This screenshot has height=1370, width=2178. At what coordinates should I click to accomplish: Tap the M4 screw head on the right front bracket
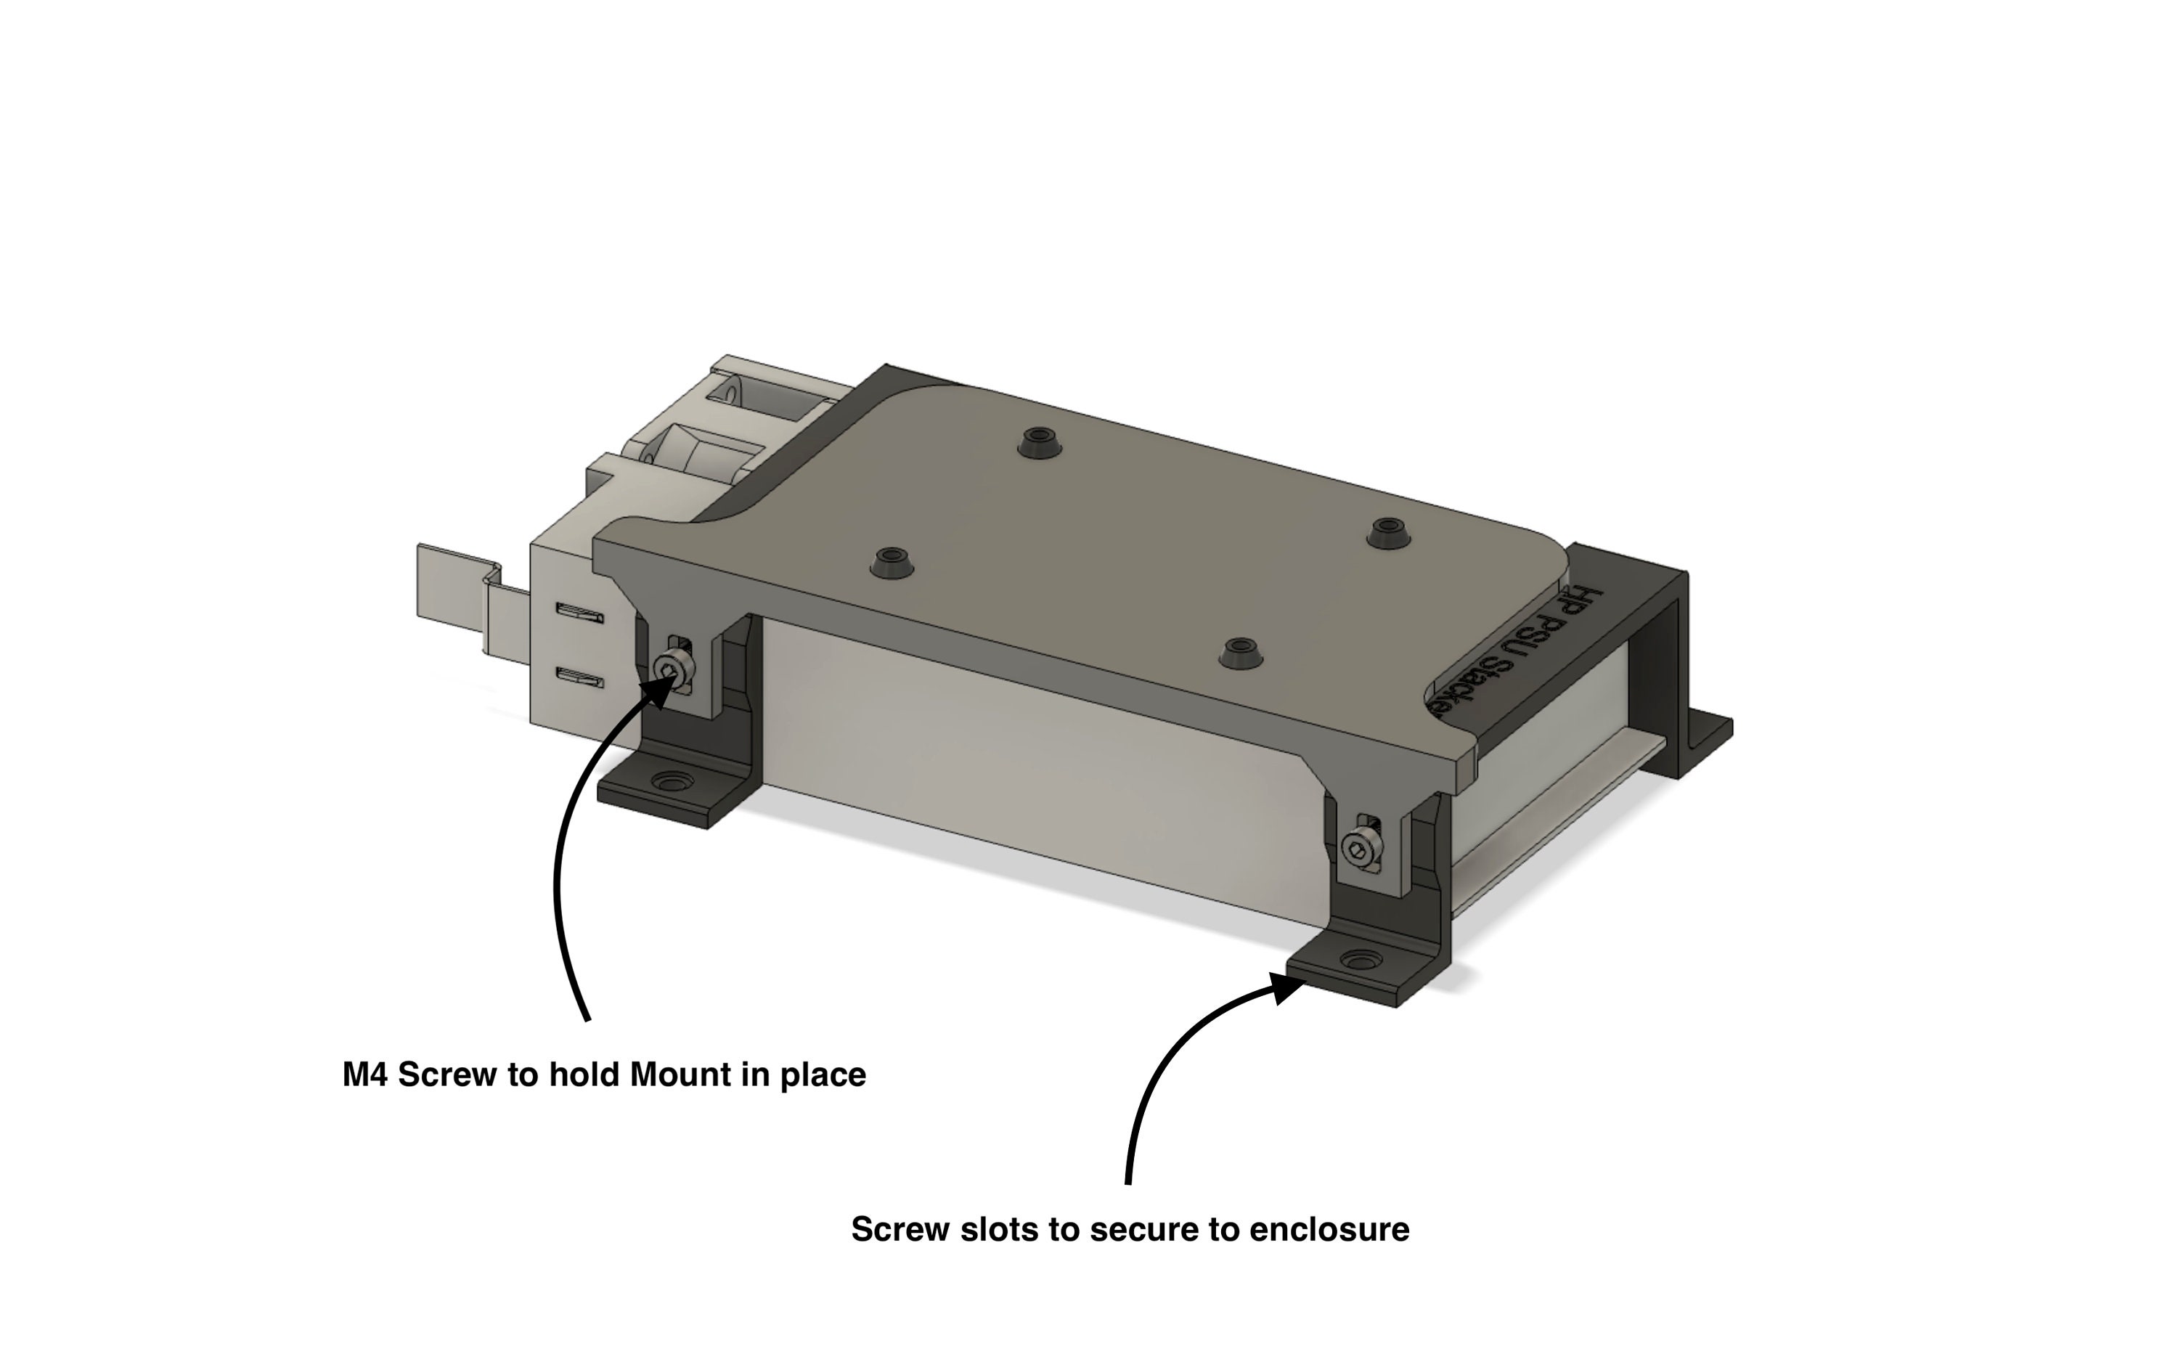pos(1358,848)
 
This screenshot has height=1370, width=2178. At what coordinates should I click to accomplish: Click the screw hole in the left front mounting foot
pos(671,780)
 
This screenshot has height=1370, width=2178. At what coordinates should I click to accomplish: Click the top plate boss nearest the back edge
pos(1039,442)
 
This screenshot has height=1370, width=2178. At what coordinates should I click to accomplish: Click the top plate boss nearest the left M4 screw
pos(892,560)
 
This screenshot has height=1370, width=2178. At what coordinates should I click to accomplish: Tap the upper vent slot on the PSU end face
pos(579,614)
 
